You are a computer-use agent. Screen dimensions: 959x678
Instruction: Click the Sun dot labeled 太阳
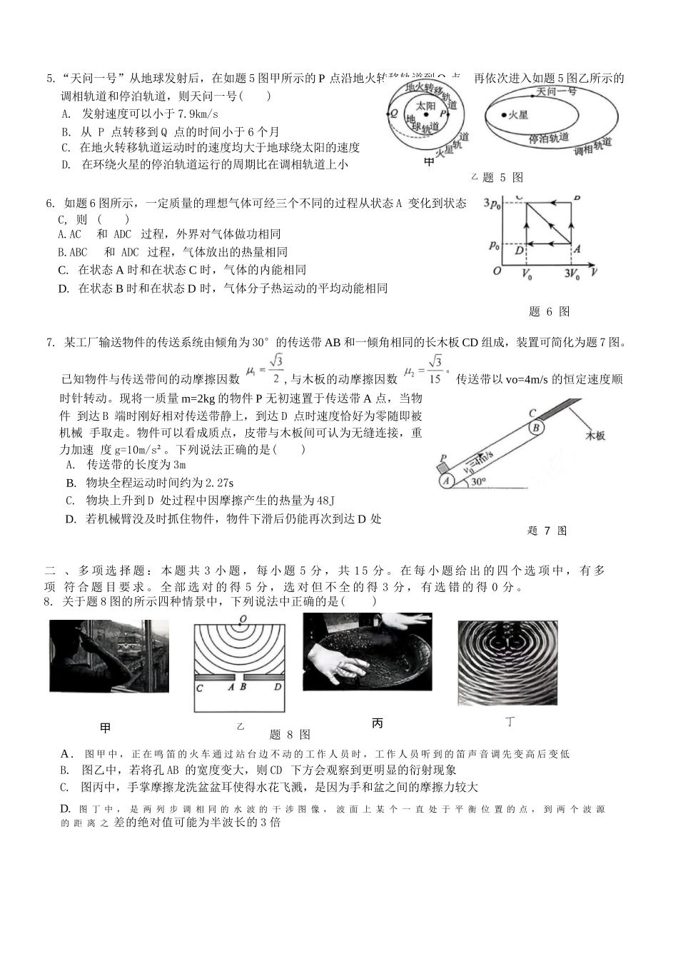(x=427, y=114)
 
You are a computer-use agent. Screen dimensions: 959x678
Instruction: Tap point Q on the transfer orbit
(x=393, y=113)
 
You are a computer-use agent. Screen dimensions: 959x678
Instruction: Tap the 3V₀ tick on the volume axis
(x=572, y=273)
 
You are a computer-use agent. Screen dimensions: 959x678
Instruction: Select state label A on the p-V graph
(x=577, y=249)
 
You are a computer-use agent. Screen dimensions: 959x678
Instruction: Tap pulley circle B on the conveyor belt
(x=537, y=427)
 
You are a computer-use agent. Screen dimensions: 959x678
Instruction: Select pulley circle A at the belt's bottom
(x=447, y=481)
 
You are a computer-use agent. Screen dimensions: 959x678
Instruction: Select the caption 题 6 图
(x=549, y=311)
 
